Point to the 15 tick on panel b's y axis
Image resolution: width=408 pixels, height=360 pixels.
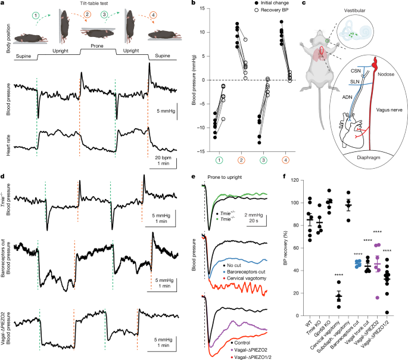pos(203,8)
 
